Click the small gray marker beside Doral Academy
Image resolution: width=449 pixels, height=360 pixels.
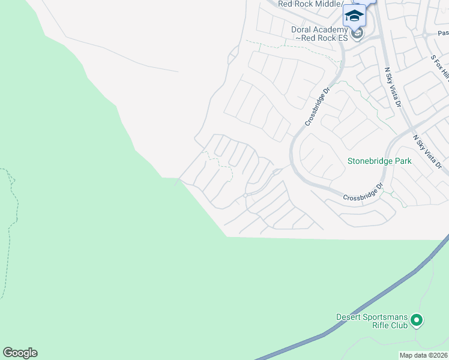[358, 34]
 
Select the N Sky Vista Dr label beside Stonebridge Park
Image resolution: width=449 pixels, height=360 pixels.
[427, 151]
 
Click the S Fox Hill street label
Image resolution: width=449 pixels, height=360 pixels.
[440, 68]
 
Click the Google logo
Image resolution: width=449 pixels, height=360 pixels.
[20, 353]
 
